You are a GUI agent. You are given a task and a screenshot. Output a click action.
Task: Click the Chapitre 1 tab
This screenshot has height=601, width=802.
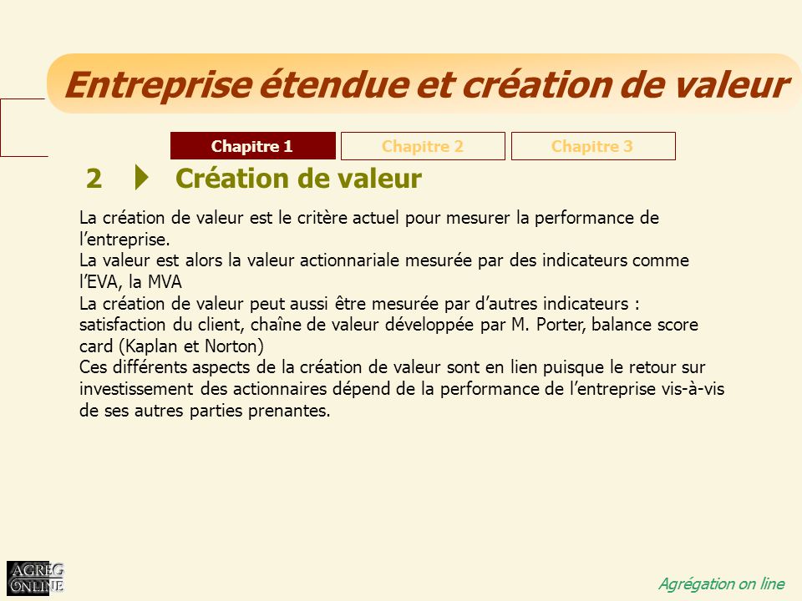[252, 146]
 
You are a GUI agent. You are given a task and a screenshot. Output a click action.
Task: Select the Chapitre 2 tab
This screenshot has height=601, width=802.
[423, 146]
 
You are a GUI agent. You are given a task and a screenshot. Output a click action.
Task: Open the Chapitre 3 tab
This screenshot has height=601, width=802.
[593, 146]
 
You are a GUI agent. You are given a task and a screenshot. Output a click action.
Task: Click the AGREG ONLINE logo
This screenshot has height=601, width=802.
[35, 578]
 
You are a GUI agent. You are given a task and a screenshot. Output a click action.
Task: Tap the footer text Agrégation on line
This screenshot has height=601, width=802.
[721, 583]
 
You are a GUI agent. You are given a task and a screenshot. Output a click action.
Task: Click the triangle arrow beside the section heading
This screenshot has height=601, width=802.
[142, 177]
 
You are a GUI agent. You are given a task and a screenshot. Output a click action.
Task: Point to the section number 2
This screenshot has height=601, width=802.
[94, 179]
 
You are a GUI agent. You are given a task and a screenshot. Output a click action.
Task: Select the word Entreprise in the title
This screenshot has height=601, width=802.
[158, 85]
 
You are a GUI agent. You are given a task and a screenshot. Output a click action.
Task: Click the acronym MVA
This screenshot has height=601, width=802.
[165, 282]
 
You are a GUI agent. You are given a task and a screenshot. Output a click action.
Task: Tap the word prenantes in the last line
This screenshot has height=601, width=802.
[289, 411]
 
